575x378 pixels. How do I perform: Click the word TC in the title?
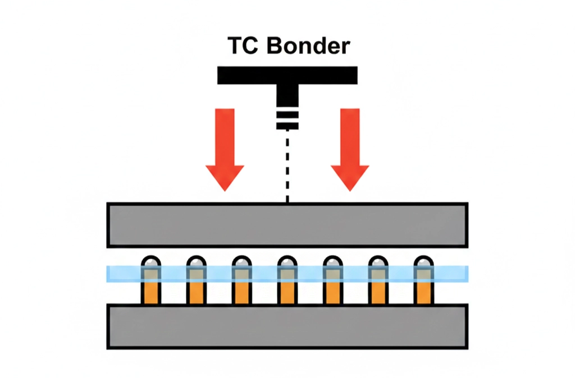click(x=243, y=45)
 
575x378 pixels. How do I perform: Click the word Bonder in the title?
click(x=308, y=45)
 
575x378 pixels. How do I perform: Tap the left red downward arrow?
click(x=225, y=149)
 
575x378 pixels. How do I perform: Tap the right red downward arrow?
click(x=350, y=149)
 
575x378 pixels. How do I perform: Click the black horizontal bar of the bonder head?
click(x=287, y=75)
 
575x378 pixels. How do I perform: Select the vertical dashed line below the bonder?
click(x=287, y=167)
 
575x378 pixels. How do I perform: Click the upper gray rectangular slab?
click(x=287, y=225)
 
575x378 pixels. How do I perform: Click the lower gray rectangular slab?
click(x=287, y=326)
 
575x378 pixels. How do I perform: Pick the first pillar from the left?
click(x=151, y=280)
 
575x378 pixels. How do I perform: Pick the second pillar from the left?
click(x=197, y=280)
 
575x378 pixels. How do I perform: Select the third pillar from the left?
click(x=242, y=280)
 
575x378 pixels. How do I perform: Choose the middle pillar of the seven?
click(x=287, y=280)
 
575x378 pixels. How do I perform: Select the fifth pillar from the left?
click(x=333, y=280)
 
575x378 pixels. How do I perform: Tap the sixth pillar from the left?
click(x=378, y=280)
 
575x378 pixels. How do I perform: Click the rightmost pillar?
click(x=424, y=280)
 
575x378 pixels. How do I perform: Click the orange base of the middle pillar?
click(x=287, y=292)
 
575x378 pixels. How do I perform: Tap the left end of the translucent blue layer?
click(x=107, y=274)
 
